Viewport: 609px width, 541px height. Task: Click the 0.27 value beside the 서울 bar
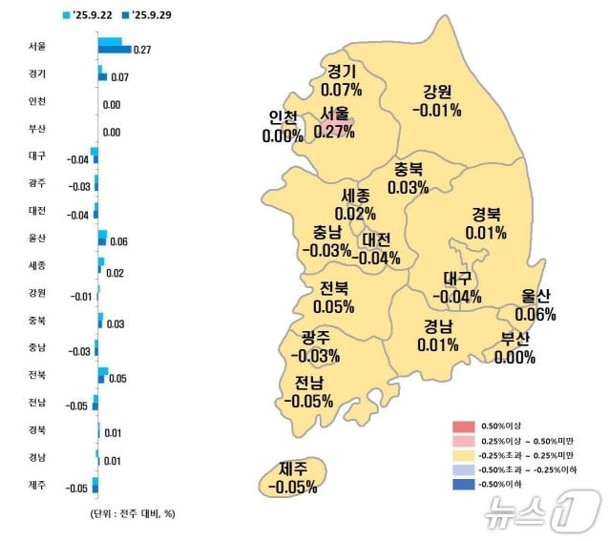(143, 49)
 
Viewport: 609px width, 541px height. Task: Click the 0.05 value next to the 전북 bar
(118, 379)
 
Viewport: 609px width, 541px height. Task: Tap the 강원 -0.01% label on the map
(437, 101)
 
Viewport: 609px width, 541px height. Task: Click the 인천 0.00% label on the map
(283, 127)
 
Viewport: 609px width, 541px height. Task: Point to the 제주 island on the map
(292, 477)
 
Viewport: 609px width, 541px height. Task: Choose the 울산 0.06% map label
(535, 305)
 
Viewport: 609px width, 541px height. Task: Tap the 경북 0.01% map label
(486, 223)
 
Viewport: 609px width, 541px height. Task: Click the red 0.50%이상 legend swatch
(462, 426)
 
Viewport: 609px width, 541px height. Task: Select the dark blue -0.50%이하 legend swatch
(462, 485)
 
